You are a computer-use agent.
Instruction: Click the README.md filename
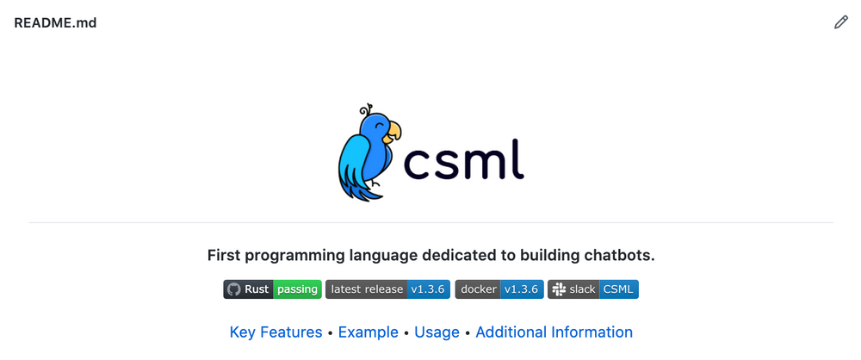pyautogui.click(x=55, y=23)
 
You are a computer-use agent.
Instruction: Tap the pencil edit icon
pyautogui.click(x=841, y=22)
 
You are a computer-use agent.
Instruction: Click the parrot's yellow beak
pyautogui.click(x=393, y=132)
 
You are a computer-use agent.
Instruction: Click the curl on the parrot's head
pyautogui.click(x=367, y=109)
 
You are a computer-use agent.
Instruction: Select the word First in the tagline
pyautogui.click(x=225, y=256)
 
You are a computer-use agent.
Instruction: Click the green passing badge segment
pyautogui.click(x=297, y=289)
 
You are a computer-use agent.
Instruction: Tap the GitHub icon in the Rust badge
pyautogui.click(x=233, y=289)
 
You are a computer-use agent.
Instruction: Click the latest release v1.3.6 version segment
pyautogui.click(x=428, y=289)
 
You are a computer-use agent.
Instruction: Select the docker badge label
pyautogui.click(x=479, y=289)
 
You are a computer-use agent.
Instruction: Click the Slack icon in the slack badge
pyautogui.click(x=558, y=289)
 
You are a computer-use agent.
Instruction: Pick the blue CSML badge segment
pyautogui.click(x=619, y=289)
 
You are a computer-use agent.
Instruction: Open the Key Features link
pyautogui.click(x=276, y=332)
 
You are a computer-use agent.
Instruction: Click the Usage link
pyautogui.click(x=437, y=332)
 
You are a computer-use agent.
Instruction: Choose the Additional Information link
pyautogui.click(x=554, y=332)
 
